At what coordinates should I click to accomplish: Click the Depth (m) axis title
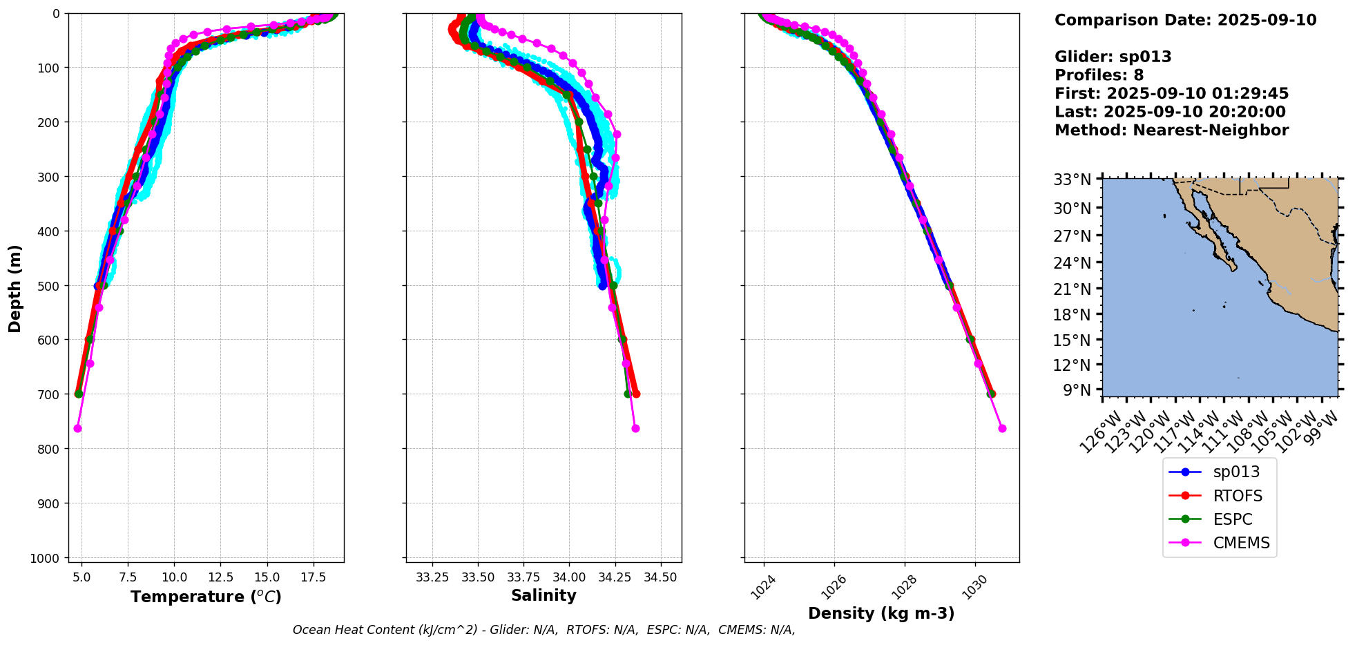[15, 288]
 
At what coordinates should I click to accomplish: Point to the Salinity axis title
[543, 596]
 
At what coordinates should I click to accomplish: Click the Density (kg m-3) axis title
[881, 613]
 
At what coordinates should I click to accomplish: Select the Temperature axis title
[206, 597]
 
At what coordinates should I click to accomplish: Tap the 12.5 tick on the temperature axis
[220, 577]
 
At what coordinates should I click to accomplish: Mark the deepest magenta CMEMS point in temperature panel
[77, 429]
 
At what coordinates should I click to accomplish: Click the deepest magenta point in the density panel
[1002, 429]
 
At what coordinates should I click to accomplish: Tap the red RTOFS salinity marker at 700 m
[636, 394]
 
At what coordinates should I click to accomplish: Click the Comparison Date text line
[1185, 20]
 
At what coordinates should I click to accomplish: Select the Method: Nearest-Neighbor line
[1171, 131]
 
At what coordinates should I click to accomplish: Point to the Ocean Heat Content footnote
[543, 630]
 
